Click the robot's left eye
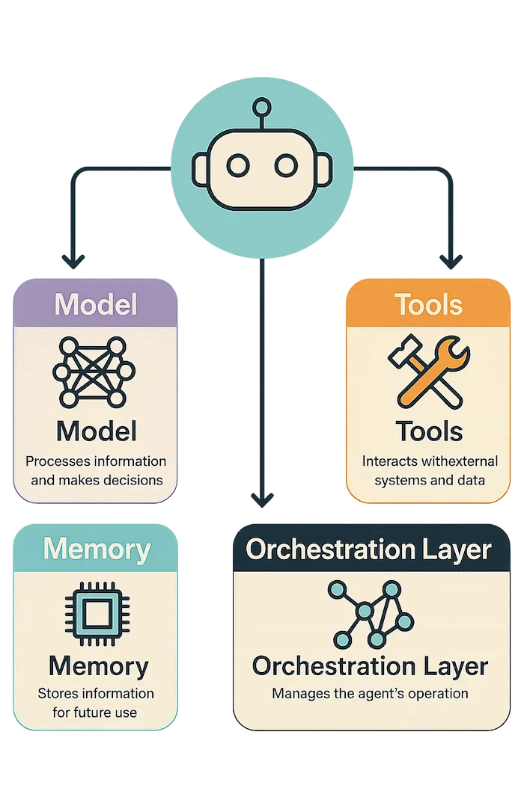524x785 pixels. tap(238, 166)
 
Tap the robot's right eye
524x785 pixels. tap(286, 166)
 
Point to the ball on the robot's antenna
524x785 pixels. tap(262, 107)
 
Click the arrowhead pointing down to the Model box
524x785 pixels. tap(73, 261)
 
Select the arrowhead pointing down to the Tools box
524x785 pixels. tap(451, 261)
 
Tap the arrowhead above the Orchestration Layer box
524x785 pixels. tap(262, 499)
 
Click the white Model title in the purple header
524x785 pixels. tap(95, 304)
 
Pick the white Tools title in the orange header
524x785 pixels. tap(428, 304)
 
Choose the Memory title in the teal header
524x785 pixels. tap(97, 549)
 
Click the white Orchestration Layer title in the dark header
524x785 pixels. tap(368, 549)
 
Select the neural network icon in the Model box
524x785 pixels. tap(94, 372)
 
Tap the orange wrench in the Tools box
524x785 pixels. tap(434, 371)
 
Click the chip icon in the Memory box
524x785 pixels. tap(97, 613)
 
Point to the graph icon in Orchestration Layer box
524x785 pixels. tap(371, 614)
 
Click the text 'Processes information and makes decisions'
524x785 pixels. tap(96, 470)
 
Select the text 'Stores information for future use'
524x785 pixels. tap(95, 703)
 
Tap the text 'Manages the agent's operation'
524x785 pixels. tap(370, 694)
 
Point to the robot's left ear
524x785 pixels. tap(200, 170)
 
